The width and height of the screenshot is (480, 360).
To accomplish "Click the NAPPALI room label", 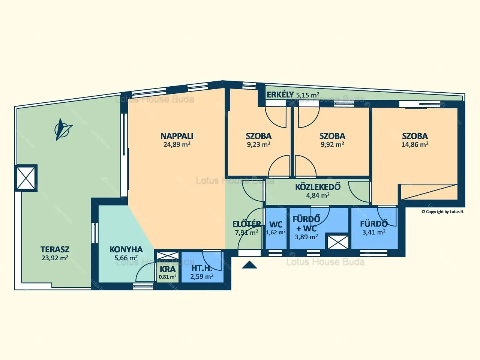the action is click(x=177, y=136).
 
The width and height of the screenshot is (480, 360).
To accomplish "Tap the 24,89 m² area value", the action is click(x=177, y=144).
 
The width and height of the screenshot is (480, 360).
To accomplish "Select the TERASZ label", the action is click(x=55, y=249).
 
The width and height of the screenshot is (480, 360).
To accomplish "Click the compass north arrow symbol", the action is click(x=63, y=129).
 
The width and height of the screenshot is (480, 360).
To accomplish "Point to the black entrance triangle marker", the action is click(x=249, y=265).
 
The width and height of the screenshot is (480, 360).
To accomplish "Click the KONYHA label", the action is click(x=126, y=249).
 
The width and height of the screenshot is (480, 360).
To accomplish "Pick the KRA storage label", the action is click(x=168, y=269).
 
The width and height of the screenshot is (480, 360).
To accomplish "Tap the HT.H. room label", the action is click(x=202, y=268).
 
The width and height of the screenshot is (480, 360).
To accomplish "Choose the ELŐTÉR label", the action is click(x=246, y=224).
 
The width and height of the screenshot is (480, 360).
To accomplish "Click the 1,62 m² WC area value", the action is click(x=276, y=232).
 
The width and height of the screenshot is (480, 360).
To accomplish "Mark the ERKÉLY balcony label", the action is click(x=280, y=94).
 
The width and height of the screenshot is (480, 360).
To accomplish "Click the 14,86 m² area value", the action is click(x=415, y=144).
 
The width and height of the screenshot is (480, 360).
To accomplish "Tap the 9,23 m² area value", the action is click(x=259, y=144).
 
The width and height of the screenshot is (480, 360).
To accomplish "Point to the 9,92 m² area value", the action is click(x=332, y=144).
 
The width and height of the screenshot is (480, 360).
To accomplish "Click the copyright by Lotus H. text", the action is click(x=443, y=211).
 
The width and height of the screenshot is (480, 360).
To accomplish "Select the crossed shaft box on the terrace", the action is click(x=26, y=178).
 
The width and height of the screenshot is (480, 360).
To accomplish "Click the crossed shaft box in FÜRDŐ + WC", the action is click(x=338, y=242).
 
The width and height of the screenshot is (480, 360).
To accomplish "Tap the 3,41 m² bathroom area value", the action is click(x=374, y=232).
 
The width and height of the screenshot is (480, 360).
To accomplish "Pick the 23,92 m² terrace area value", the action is click(x=55, y=258).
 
